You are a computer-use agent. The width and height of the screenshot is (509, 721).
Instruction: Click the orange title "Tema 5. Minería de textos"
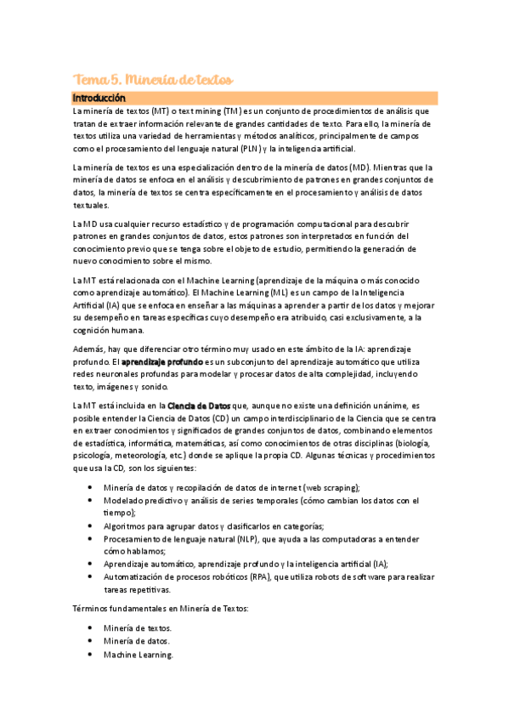[153, 79]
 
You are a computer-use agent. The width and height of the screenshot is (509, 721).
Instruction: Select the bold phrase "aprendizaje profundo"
[161, 362]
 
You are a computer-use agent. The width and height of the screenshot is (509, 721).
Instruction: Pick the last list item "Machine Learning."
[139, 656]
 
